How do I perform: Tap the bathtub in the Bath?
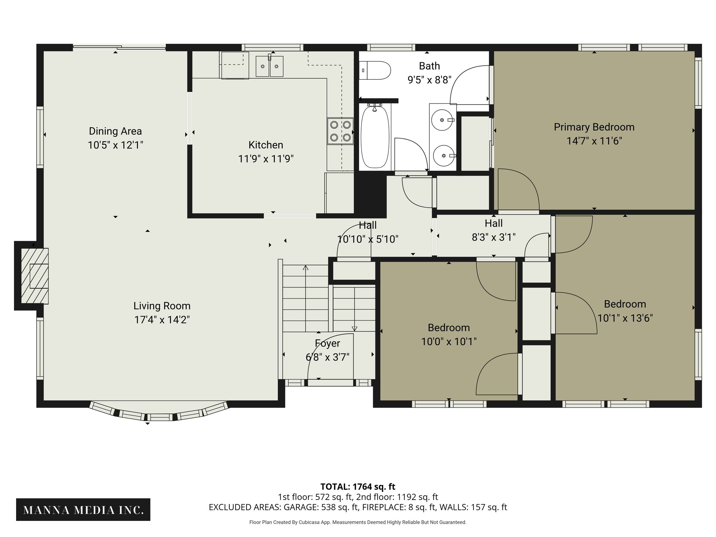coord(375,137)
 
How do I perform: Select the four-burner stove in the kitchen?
coord(340,131)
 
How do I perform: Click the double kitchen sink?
coord(269,66)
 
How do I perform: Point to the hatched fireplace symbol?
coord(35,276)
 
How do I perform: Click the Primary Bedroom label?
coord(594,127)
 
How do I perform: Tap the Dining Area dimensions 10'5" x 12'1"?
coord(115,145)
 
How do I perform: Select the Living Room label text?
coord(162,306)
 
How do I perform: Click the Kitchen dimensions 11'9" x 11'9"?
coord(266,159)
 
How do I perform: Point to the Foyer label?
coord(327,343)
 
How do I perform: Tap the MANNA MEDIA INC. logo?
coord(83,510)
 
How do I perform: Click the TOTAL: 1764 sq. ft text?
coord(358,486)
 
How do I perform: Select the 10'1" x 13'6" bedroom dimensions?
coord(625,318)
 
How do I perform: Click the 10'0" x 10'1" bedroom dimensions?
coord(449,342)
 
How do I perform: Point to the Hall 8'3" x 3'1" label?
coord(493,230)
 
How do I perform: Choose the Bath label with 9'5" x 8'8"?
coord(429,73)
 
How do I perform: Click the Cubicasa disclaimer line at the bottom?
coord(358,522)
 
